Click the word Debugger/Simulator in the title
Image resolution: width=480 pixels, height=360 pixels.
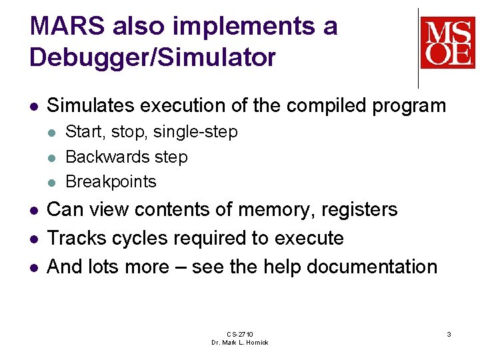pyautogui.click(x=152, y=57)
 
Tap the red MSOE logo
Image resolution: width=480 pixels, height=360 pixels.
pyautogui.click(x=447, y=43)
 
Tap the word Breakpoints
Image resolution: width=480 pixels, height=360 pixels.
pyautogui.click(x=111, y=181)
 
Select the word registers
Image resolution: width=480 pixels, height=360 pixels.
pyautogui.click(x=361, y=209)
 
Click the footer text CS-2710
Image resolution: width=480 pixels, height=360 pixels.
pyautogui.click(x=239, y=334)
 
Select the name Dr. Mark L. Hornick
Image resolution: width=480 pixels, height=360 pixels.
pyautogui.click(x=239, y=343)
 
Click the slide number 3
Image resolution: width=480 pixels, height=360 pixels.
pyautogui.click(x=449, y=334)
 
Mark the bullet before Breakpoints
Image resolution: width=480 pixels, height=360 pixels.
pyautogui.click(x=52, y=182)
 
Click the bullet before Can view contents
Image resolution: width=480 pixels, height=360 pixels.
pyautogui.click(x=34, y=210)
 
